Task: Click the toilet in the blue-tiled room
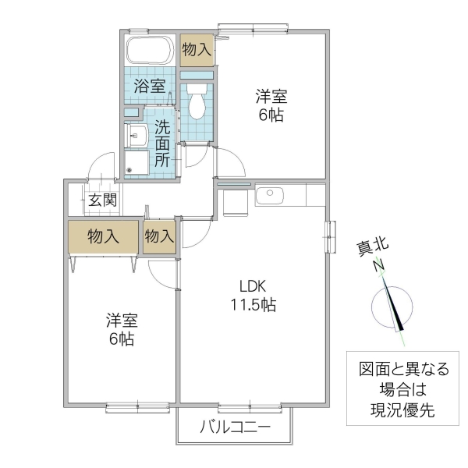click(197, 100)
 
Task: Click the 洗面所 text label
click(162, 143)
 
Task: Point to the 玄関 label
click(102, 200)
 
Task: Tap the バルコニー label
click(235, 427)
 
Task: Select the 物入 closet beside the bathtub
click(196, 49)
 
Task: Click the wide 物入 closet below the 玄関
click(103, 237)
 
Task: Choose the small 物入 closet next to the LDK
click(159, 237)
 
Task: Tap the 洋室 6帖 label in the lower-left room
click(122, 330)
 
